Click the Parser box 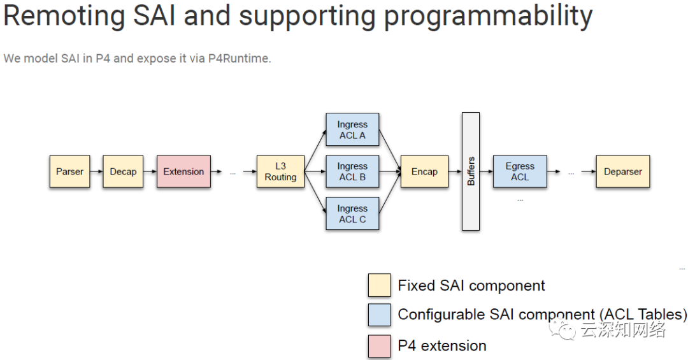tap(70, 171)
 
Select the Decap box tap(123, 171)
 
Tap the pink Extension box tap(183, 171)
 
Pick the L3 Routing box tap(280, 171)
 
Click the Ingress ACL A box tap(352, 129)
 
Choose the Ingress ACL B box tap(352, 171)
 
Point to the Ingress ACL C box tap(352, 214)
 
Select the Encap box tap(424, 171)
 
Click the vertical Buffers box tap(471, 171)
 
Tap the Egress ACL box tap(520, 171)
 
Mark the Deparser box tap(622, 171)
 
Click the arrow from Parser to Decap tap(97, 171)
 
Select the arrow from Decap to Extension tap(150, 171)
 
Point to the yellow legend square tap(380, 285)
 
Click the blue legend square tap(380, 315)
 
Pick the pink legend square tap(380, 347)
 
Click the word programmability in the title tap(488, 17)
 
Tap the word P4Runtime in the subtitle tap(239, 59)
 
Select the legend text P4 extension tap(442, 346)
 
